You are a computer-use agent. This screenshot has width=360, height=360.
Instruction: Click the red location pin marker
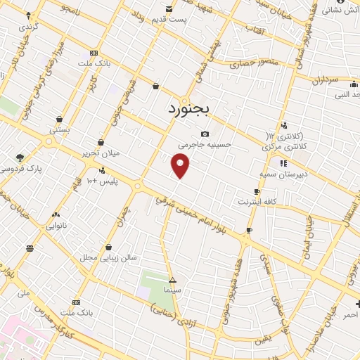tap(181, 166)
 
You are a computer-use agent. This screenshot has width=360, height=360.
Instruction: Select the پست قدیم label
tap(171, 19)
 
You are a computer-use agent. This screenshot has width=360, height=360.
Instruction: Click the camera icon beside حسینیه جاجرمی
tap(205, 134)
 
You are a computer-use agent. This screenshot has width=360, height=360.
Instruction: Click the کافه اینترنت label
tap(257, 202)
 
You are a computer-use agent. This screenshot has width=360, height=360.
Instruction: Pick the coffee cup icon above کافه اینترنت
tap(257, 191)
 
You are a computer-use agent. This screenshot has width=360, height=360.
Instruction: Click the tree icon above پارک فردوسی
tap(19, 157)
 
